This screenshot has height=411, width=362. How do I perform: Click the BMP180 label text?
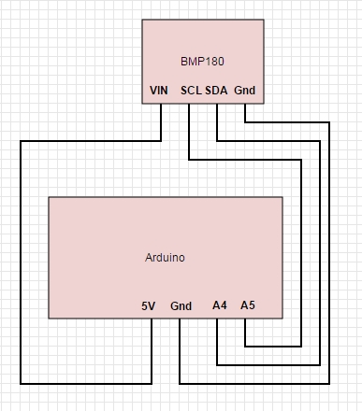pos(202,61)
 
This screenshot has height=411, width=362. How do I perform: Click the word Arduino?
pos(165,257)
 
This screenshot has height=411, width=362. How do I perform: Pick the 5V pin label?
pos(148,305)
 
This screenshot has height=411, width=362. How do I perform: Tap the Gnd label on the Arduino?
pos(181,305)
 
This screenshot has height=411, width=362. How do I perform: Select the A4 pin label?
pos(220,305)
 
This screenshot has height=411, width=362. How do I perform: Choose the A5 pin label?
pos(247,305)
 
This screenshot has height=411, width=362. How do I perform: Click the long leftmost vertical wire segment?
pos(21,262)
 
